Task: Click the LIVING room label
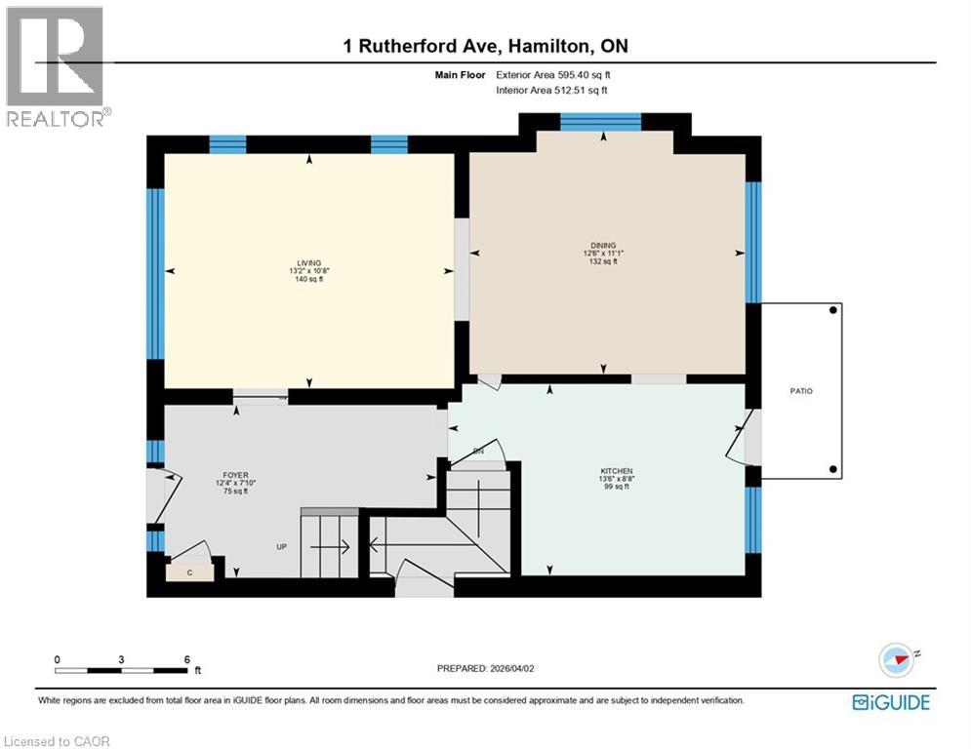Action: [308, 261]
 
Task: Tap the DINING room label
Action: [602, 245]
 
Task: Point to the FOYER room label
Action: [236, 475]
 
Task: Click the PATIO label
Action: [801, 391]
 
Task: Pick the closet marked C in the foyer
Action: [189, 572]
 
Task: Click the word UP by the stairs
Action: [281, 547]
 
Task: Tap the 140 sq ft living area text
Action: [308, 279]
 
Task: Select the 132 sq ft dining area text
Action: [602, 261]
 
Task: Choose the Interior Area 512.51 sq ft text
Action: [552, 90]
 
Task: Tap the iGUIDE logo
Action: [890, 702]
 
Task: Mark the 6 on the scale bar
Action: [186, 658]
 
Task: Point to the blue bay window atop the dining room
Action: [600, 121]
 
